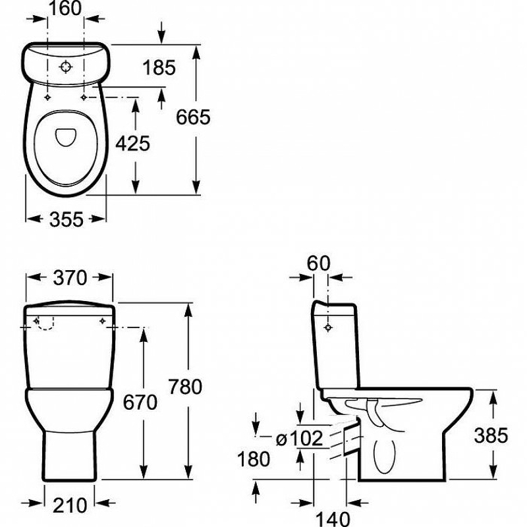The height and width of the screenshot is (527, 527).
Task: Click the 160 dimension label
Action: [65, 9]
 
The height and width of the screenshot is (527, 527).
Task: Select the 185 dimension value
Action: [159, 67]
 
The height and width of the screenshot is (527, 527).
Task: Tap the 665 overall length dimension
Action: [193, 117]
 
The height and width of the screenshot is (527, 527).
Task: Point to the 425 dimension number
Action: [133, 144]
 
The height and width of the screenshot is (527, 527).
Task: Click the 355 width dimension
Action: [67, 219]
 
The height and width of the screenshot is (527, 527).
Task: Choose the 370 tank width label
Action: [70, 278]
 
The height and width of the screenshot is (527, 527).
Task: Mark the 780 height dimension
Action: [185, 387]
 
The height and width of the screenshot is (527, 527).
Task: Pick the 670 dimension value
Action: [140, 402]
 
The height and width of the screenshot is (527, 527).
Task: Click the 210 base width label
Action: [70, 505]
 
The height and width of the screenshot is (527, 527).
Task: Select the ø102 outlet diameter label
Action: [300, 438]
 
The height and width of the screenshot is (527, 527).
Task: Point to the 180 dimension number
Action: [254, 458]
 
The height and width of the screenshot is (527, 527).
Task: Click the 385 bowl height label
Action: [491, 435]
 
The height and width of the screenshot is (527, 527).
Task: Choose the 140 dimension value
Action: [333, 518]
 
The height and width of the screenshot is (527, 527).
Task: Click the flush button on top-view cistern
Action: [66, 67]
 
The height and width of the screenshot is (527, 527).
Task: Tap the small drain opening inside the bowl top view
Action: [66, 137]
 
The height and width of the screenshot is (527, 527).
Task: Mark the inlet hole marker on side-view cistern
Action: [328, 327]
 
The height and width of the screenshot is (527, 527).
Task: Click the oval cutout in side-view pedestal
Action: [385, 456]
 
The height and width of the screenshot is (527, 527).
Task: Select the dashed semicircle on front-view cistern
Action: [45, 323]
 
